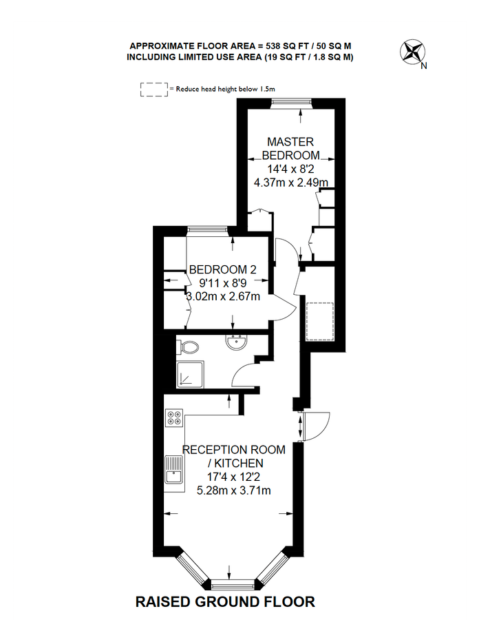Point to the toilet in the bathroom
coord(189,347)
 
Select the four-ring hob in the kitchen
coord(175,417)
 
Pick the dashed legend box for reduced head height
coord(154,90)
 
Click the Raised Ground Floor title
coord(225,602)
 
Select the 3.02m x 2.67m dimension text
coord(224,297)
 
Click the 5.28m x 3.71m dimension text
coord(233,490)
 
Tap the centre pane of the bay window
coord(228,586)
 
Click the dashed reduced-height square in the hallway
coord(320,322)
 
